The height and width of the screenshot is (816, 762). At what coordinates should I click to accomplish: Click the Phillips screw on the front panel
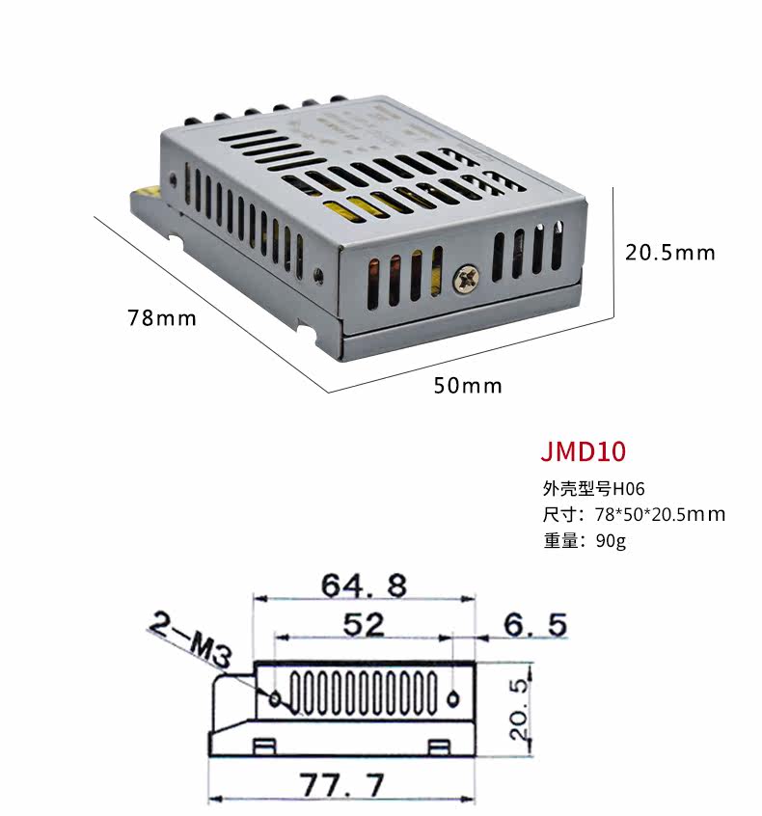pos(466,280)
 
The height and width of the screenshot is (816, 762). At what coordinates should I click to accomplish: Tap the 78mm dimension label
pos(162,318)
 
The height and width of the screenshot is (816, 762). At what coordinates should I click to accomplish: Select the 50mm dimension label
pos(468,386)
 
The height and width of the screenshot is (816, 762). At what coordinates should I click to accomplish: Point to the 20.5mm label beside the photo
pos(669,253)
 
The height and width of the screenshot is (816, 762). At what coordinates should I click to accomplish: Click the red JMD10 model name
pos(583,451)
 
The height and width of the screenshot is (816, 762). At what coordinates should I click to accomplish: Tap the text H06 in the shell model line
pos(628,489)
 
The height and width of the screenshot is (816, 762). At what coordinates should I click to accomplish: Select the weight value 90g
pos(611,541)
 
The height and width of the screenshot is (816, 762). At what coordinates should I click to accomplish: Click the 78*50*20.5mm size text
pos(660,515)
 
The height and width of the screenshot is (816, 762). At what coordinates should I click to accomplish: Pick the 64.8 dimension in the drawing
pos(364,585)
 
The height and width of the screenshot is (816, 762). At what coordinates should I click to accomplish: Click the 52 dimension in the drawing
pos(364,624)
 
